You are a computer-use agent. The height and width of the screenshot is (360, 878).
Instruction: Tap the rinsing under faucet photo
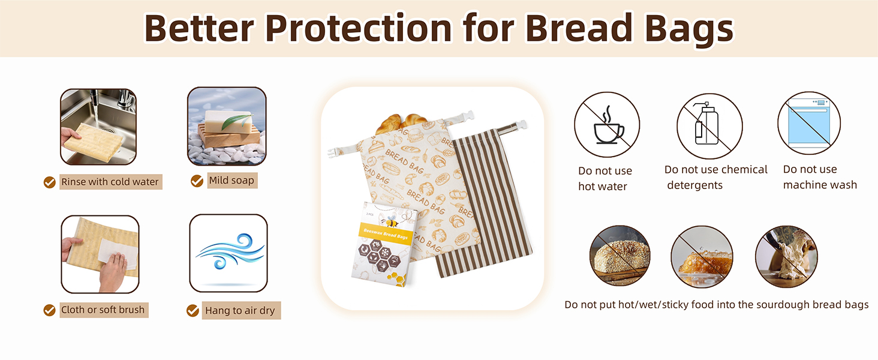tap(98, 127)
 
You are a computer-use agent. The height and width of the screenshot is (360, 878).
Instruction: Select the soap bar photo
tap(227, 126)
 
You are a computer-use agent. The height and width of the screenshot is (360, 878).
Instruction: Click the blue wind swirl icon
tap(228, 253)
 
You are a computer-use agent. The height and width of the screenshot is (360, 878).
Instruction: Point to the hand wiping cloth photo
tap(100, 254)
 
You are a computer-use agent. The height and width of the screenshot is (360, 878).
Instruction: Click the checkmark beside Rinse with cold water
tap(50, 182)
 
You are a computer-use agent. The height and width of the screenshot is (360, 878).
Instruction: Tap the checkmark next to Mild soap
tap(197, 181)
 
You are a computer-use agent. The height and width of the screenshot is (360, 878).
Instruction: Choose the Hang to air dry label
tap(240, 310)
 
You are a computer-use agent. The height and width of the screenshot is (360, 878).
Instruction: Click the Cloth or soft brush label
tap(103, 310)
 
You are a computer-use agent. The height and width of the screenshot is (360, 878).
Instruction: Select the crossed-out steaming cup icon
tap(607, 125)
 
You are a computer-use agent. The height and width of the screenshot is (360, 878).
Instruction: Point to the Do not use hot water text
tap(605, 179)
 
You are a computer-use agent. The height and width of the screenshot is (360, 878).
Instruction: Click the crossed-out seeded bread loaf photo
tap(620, 256)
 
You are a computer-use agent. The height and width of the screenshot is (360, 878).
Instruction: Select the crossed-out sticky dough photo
tap(786, 256)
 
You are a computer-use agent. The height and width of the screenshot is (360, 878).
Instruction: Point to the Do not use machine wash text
tap(820, 178)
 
